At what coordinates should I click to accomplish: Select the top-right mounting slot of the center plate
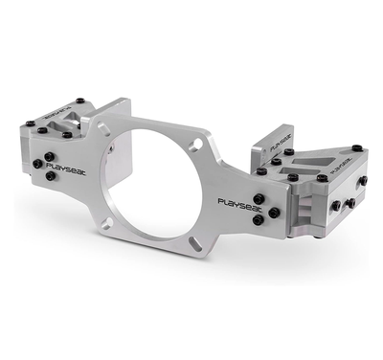click(195, 145)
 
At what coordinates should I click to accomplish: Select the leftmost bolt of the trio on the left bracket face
click(35, 164)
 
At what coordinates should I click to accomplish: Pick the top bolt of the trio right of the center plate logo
click(259, 199)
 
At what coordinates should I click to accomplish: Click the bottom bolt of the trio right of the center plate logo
click(259, 221)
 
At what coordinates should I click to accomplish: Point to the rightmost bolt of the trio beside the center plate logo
click(274, 212)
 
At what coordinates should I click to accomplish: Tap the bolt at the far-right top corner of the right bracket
click(356, 147)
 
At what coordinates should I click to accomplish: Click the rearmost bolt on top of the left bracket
click(80, 100)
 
